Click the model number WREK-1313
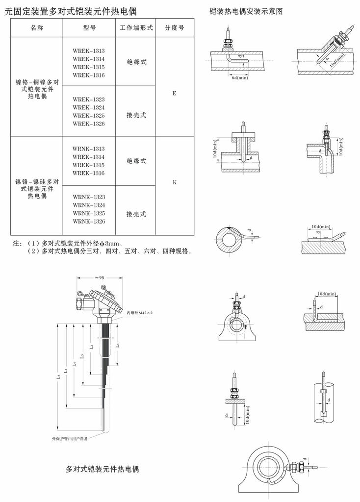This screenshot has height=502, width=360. [89, 51]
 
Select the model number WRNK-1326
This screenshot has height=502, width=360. [89, 222]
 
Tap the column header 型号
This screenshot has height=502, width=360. [89, 28]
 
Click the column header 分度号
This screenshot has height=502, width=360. [175, 28]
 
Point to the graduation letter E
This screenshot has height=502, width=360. [174, 94]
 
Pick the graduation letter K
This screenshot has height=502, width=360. [175, 182]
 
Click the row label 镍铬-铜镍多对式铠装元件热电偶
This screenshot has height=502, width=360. [37, 89]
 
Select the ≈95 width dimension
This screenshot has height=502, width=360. [100, 277]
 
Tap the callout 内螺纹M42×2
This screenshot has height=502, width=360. [139, 312]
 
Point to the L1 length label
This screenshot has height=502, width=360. [118, 345]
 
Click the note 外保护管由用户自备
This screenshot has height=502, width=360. [70, 438]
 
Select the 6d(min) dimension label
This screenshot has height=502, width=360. [239, 78]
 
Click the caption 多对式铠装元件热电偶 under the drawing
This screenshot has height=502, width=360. [102, 469]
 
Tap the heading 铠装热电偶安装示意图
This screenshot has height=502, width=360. [246, 12]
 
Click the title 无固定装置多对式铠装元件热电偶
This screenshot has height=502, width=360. [71, 12]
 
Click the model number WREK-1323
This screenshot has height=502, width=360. [89, 100]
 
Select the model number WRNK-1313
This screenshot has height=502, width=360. [89, 149]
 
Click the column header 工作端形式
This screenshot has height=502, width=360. [136, 28]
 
